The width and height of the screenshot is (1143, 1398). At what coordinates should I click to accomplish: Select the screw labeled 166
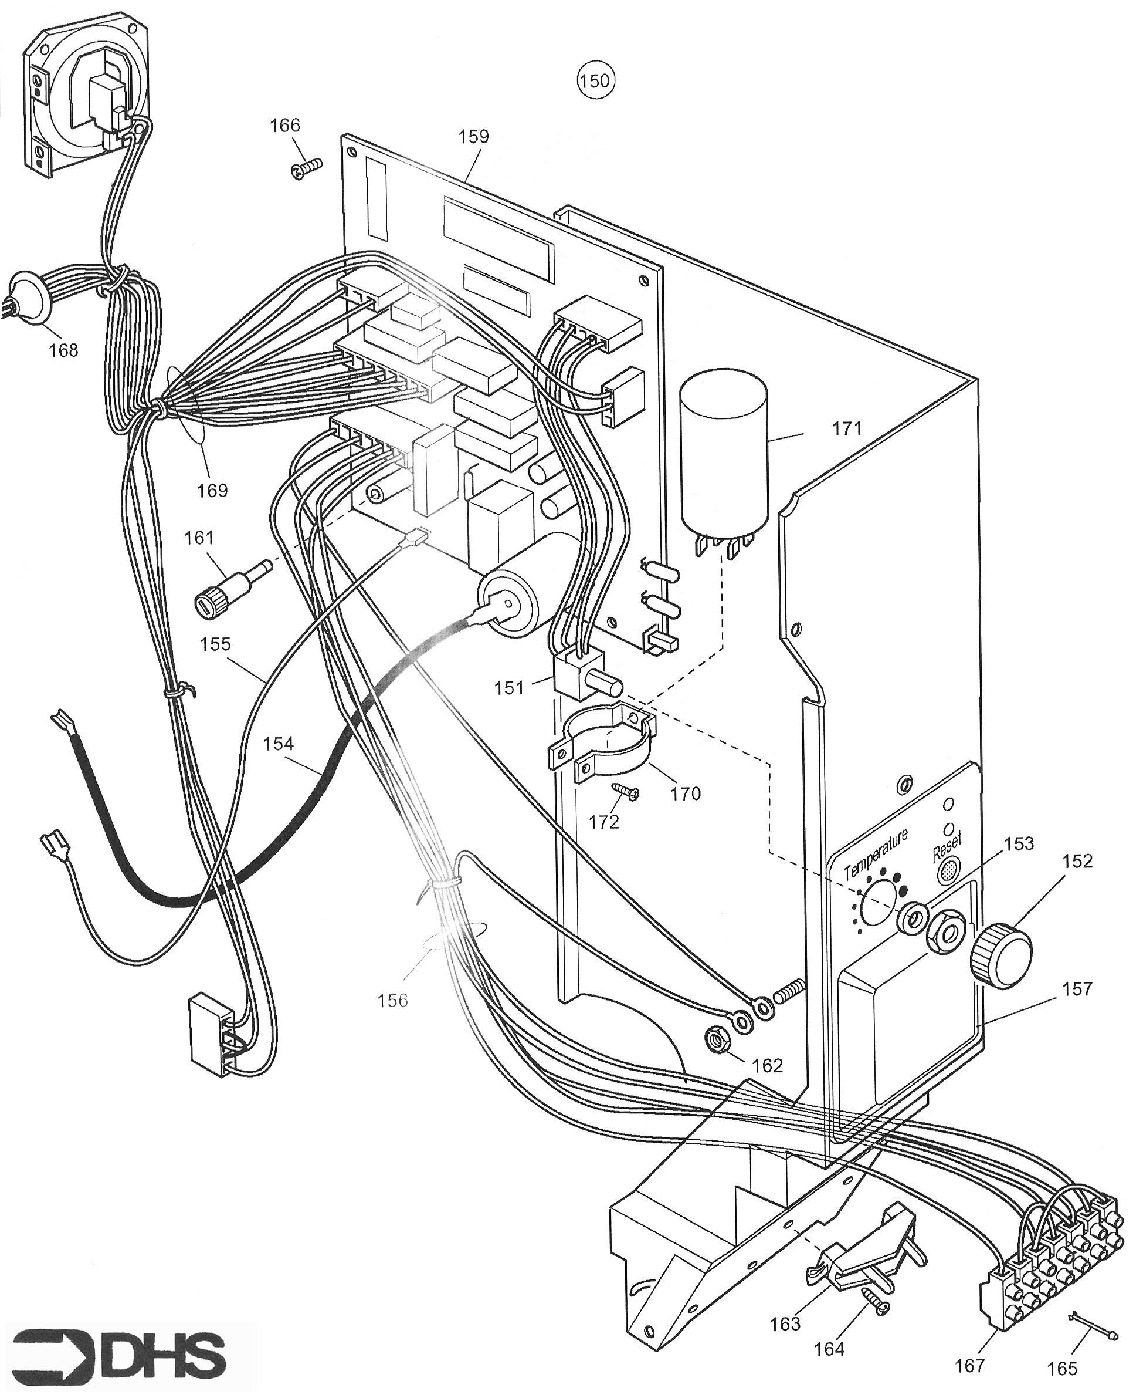coord(305,168)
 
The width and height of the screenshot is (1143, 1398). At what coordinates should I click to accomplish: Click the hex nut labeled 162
coord(716,1039)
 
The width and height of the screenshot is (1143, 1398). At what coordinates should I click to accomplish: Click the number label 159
coord(474,136)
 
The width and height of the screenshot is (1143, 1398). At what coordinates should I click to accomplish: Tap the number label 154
coord(278,744)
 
